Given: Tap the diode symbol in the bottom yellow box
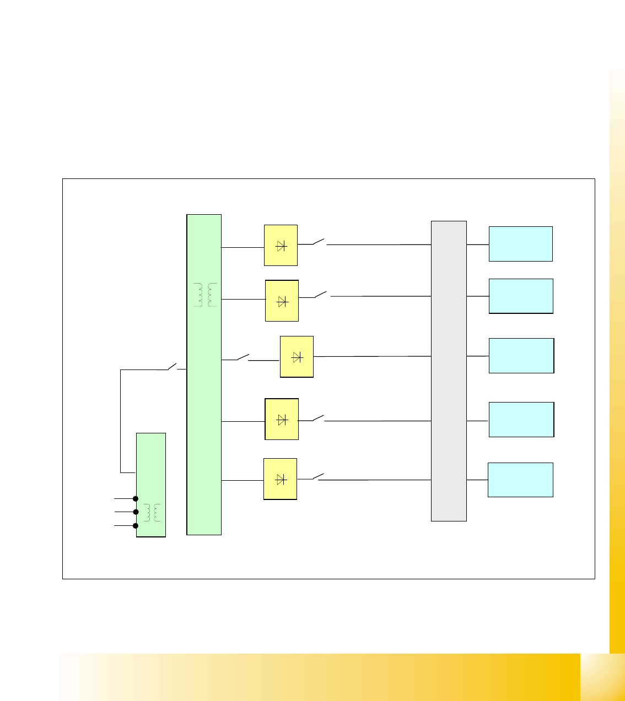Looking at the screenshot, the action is coord(280,479).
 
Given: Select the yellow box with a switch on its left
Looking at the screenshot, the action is coord(297,357).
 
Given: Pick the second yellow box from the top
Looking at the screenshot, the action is coord(282,301).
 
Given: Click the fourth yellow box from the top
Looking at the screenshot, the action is coord(282,419).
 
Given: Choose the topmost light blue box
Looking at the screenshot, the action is coord(520,244).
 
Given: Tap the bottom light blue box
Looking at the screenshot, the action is coord(520,480).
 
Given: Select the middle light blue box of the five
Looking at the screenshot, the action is coord(521,356).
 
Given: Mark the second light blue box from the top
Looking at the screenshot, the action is coord(521,296).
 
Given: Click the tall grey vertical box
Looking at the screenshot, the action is coord(449,371).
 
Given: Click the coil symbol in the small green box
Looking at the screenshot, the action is coord(152,513).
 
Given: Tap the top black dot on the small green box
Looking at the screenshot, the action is coord(136,498).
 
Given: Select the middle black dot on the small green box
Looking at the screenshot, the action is coord(136,512).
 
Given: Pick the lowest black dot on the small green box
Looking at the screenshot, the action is coord(136,526).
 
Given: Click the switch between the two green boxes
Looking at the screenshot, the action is coord(173,367).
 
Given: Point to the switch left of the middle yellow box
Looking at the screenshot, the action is coord(243,357).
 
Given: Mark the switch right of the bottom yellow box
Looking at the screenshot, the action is coord(318,476).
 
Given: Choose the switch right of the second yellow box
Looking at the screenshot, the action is coord(321,295).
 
